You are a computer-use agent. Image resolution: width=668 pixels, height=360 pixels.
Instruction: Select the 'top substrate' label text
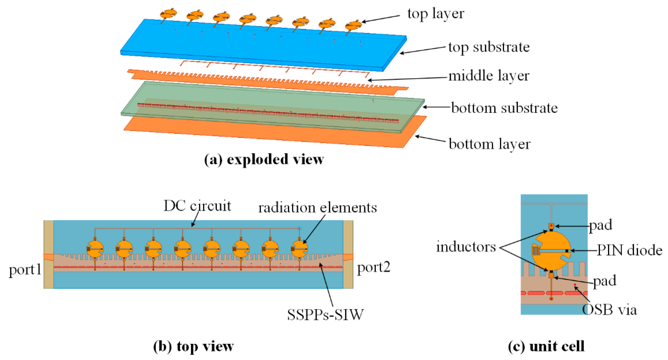point(489,47)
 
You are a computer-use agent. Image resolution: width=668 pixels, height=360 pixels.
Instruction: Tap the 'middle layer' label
point(489,76)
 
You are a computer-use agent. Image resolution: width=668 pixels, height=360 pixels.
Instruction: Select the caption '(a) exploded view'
point(264,159)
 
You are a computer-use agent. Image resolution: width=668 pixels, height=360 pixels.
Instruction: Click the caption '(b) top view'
point(193,346)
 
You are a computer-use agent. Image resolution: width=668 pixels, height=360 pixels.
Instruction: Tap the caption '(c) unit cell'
point(546,346)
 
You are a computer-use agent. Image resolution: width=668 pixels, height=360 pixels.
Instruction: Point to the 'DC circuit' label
point(197,206)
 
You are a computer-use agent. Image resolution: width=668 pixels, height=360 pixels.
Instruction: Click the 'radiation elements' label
point(318,208)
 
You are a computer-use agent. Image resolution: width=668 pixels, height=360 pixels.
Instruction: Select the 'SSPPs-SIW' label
point(325,315)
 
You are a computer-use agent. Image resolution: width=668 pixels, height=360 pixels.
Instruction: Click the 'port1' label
point(25,270)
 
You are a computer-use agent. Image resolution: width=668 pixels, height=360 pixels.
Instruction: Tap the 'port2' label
point(373,267)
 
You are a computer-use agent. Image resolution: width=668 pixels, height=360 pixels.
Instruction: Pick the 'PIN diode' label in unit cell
point(629,250)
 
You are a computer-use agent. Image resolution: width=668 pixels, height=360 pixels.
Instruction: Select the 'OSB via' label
point(609,310)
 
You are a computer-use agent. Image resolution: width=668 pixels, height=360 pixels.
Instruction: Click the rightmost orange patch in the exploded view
point(353,25)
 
